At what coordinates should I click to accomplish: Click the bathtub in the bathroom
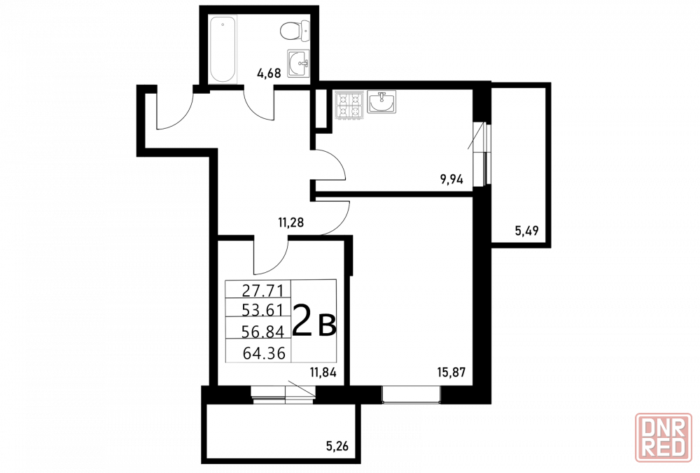(x=223, y=50)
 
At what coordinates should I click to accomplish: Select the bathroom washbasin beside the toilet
(x=298, y=63)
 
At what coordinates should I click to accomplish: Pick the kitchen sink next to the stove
(x=381, y=101)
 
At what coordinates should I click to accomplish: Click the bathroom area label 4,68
(x=269, y=73)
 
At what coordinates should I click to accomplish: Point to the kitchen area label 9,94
(x=451, y=180)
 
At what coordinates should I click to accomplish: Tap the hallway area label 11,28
(x=291, y=222)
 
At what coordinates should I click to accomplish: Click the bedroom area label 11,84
(x=323, y=372)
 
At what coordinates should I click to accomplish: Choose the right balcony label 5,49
(x=527, y=231)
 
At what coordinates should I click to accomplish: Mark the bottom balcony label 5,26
(x=337, y=445)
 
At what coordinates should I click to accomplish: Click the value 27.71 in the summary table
(x=263, y=291)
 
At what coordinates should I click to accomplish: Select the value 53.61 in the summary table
(x=263, y=309)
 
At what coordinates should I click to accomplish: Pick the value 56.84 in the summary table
(x=263, y=331)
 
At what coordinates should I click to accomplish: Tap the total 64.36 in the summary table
(x=264, y=353)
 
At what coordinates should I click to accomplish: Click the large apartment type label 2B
(x=314, y=320)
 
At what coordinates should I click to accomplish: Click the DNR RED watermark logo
(x=664, y=443)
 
